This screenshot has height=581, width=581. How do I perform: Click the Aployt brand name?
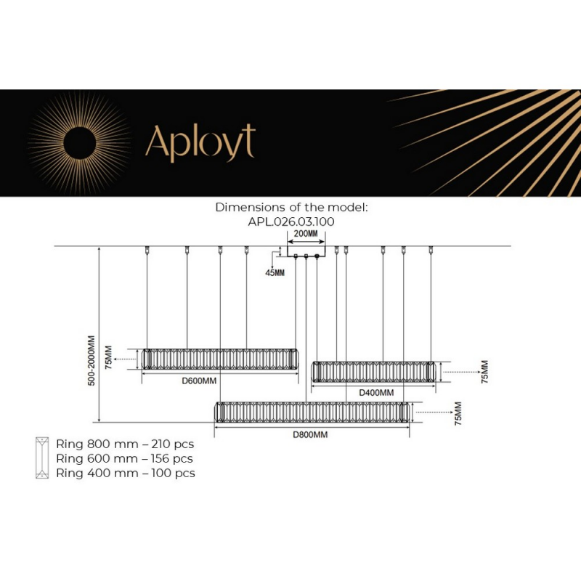(200, 143)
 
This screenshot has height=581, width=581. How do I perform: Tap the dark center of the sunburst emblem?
(80, 143)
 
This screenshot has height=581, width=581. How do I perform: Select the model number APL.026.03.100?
(291, 222)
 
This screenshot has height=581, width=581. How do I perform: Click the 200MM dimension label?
(306, 234)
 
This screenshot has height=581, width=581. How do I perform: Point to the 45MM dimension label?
(275, 273)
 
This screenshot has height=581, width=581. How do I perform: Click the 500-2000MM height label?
(92, 360)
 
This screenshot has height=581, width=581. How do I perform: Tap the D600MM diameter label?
(199, 381)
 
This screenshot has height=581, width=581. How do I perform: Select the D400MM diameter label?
(376, 392)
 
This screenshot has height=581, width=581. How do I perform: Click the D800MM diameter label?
(310, 434)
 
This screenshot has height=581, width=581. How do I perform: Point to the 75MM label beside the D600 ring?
(108, 357)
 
